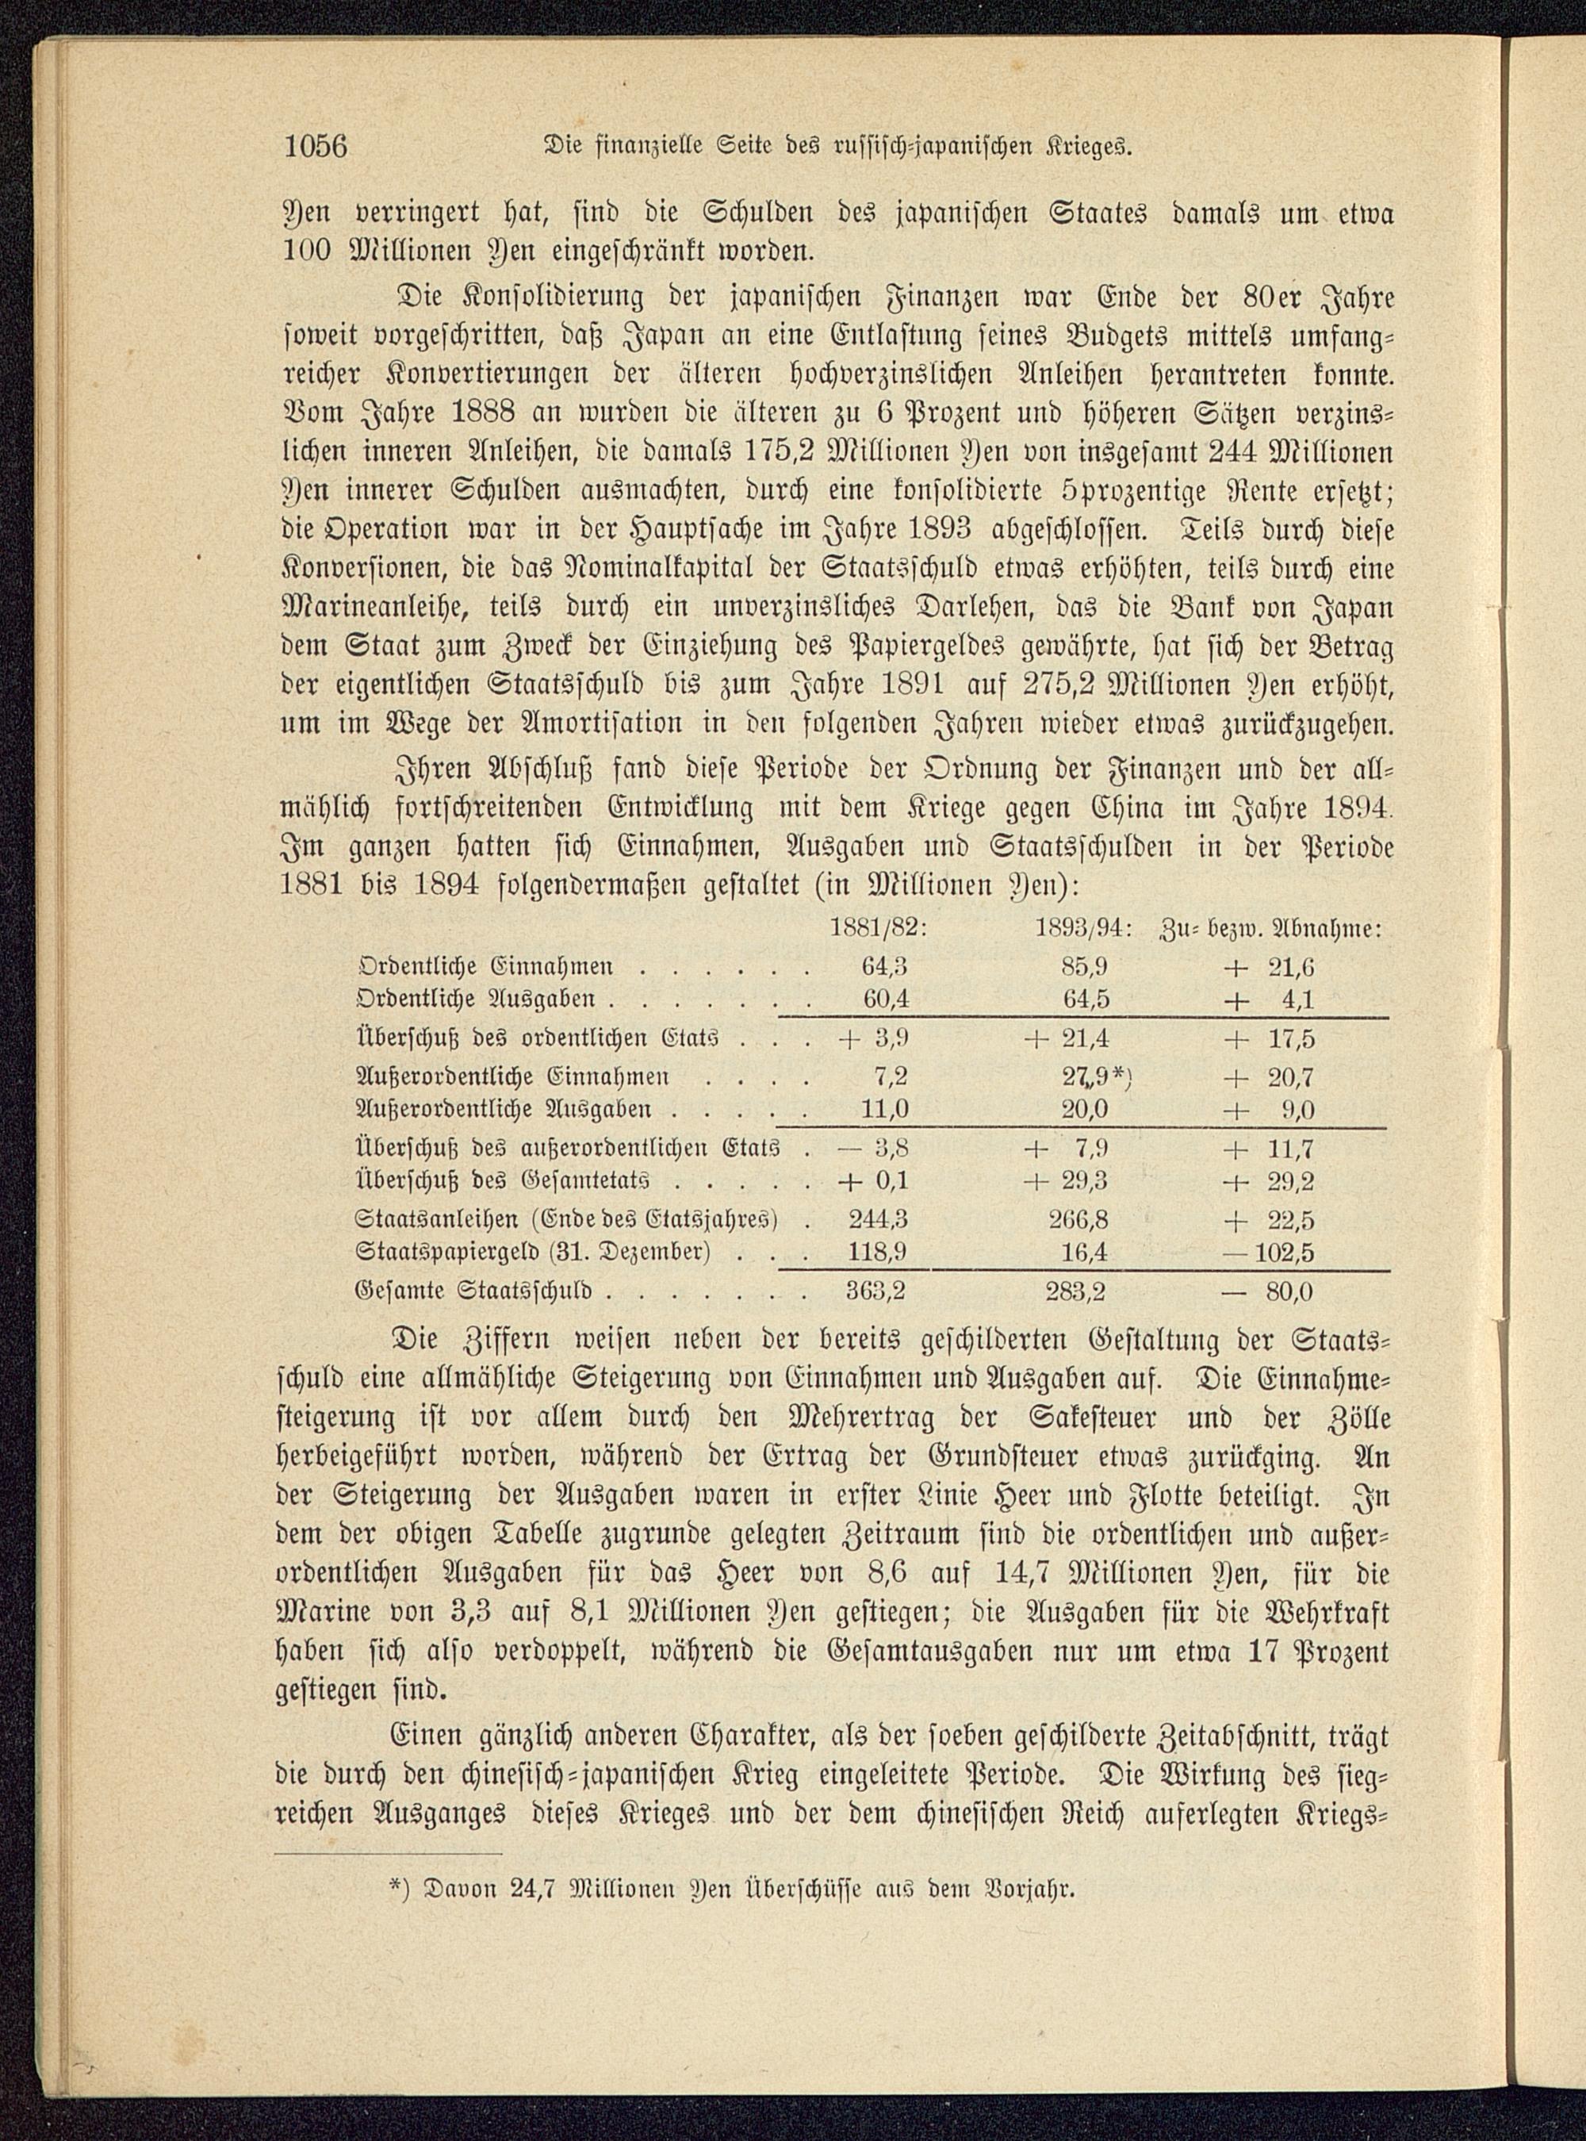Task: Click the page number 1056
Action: (314, 146)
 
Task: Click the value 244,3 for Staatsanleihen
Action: (878, 1219)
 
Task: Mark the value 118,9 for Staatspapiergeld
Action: (878, 1253)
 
